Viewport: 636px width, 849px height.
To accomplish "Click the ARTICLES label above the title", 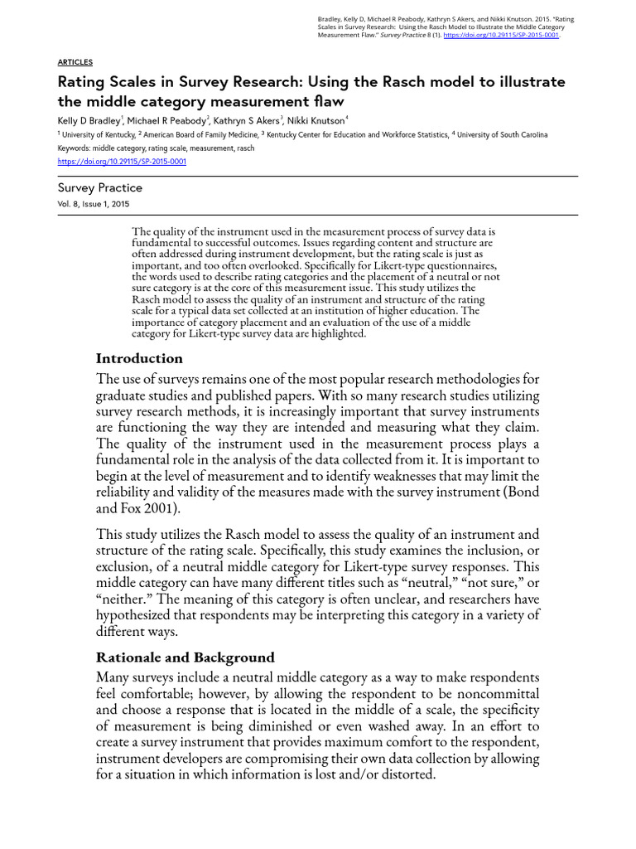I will tap(75, 62).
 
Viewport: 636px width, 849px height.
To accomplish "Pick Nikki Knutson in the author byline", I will tap(322, 121).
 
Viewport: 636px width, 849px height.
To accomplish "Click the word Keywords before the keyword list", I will tap(75, 148).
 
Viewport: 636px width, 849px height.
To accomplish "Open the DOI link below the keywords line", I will tap(122, 162).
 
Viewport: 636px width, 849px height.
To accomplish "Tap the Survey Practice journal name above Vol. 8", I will tap(99, 188).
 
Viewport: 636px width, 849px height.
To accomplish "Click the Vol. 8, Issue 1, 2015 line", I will tap(93, 204).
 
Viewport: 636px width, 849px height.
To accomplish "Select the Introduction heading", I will tap(139, 358).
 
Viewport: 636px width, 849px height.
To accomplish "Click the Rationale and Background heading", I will tap(185, 657).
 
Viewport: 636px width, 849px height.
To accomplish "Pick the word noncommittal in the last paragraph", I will tap(492, 693).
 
